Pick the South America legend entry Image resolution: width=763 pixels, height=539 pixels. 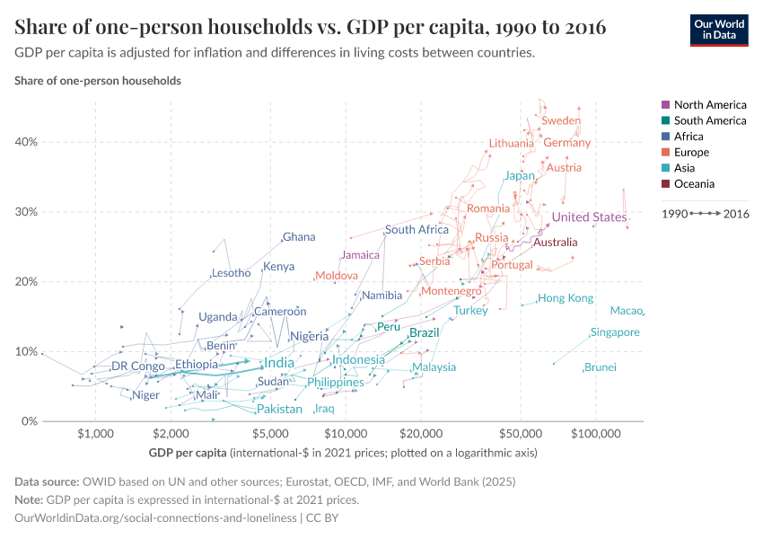click(x=709, y=120)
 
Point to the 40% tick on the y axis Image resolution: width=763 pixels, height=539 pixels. click(x=24, y=142)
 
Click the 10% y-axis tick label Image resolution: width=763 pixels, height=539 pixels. click(x=24, y=351)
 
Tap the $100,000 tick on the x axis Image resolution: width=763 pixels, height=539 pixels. click(x=596, y=433)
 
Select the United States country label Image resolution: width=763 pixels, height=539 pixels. click(x=589, y=217)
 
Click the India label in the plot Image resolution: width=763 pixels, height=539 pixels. click(x=278, y=363)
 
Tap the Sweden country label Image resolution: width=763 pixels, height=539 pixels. click(x=561, y=120)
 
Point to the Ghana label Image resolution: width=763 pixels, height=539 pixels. click(x=299, y=237)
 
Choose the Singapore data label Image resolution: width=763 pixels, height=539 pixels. click(x=615, y=332)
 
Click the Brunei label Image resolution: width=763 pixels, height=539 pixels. click(x=600, y=367)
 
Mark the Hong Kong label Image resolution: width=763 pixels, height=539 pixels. click(x=566, y=298)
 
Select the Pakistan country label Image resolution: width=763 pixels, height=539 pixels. click(x=279, y=410)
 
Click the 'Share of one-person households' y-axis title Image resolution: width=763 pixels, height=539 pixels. click(x=98, y=81)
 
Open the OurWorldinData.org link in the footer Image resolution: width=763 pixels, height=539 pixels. click(x=155, y=518)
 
